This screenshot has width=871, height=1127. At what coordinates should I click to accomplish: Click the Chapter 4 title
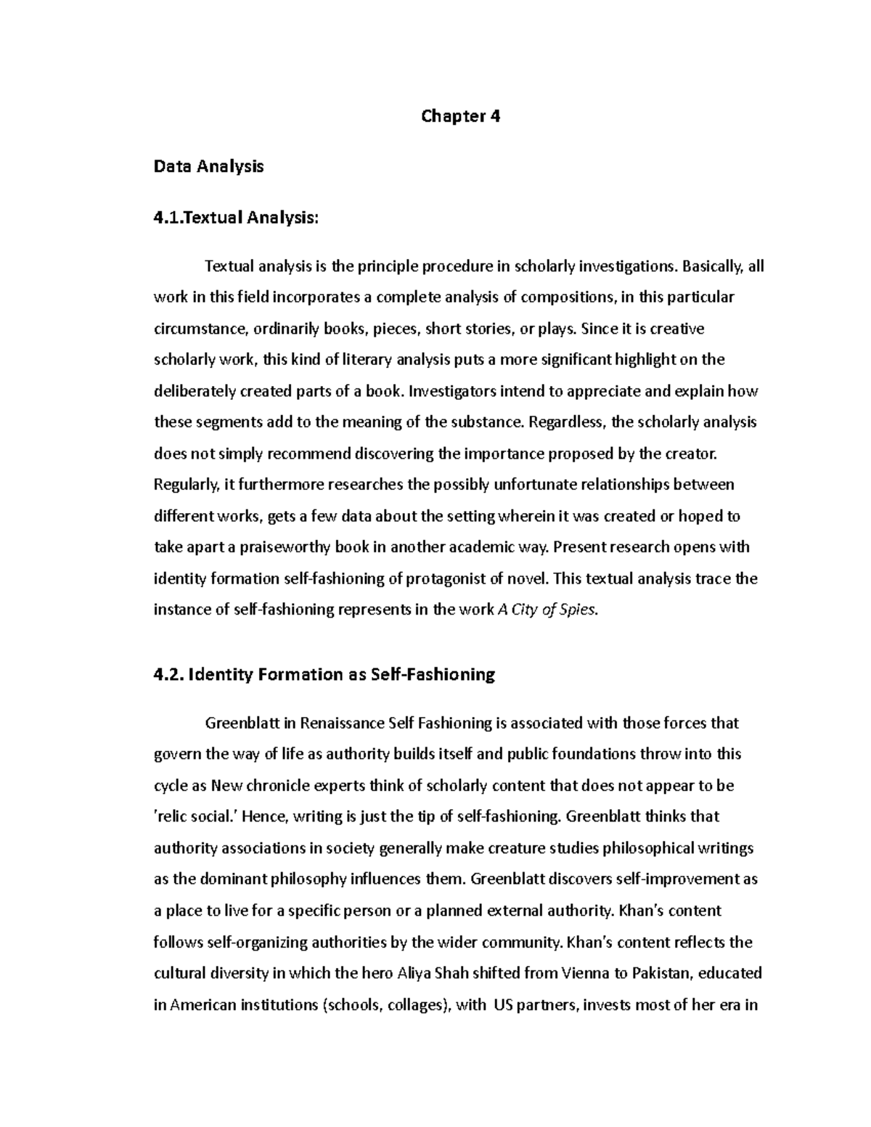460,116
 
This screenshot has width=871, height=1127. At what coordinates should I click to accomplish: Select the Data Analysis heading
208,166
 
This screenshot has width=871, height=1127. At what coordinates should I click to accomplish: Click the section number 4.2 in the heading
168,674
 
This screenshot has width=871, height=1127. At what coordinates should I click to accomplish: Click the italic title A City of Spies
548,610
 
